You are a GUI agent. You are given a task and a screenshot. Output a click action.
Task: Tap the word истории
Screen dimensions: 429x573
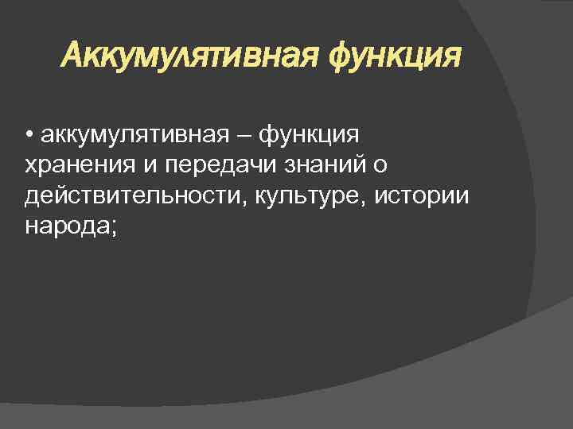click(427, 195)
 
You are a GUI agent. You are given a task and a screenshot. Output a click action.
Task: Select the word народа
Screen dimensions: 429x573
click(68, 227)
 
